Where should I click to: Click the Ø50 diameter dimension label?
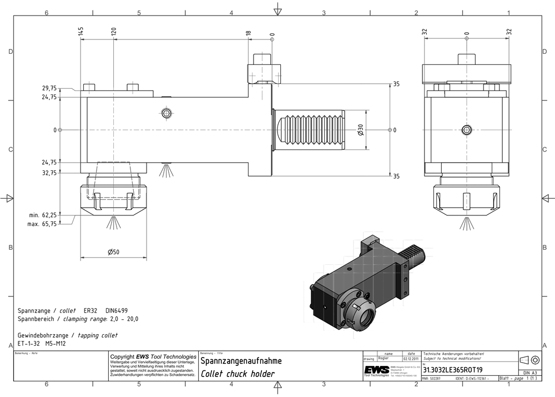click(114, 252)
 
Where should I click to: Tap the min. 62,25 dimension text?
click(42, 215)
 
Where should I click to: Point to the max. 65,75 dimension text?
click(42, 224)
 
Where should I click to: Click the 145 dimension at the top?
click(81, 32)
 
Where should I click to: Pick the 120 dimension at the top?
click(114, 32)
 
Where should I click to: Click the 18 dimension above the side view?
click(248, 33)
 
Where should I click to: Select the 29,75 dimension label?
click(49, 88)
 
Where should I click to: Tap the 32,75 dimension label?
click(49, 173)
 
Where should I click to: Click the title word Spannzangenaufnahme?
click(241, 361)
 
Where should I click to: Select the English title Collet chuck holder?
click(238, 374)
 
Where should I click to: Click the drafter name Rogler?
click(384, 359)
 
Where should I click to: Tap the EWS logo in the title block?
click(376, 370)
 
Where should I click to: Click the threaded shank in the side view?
click(311, 130)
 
